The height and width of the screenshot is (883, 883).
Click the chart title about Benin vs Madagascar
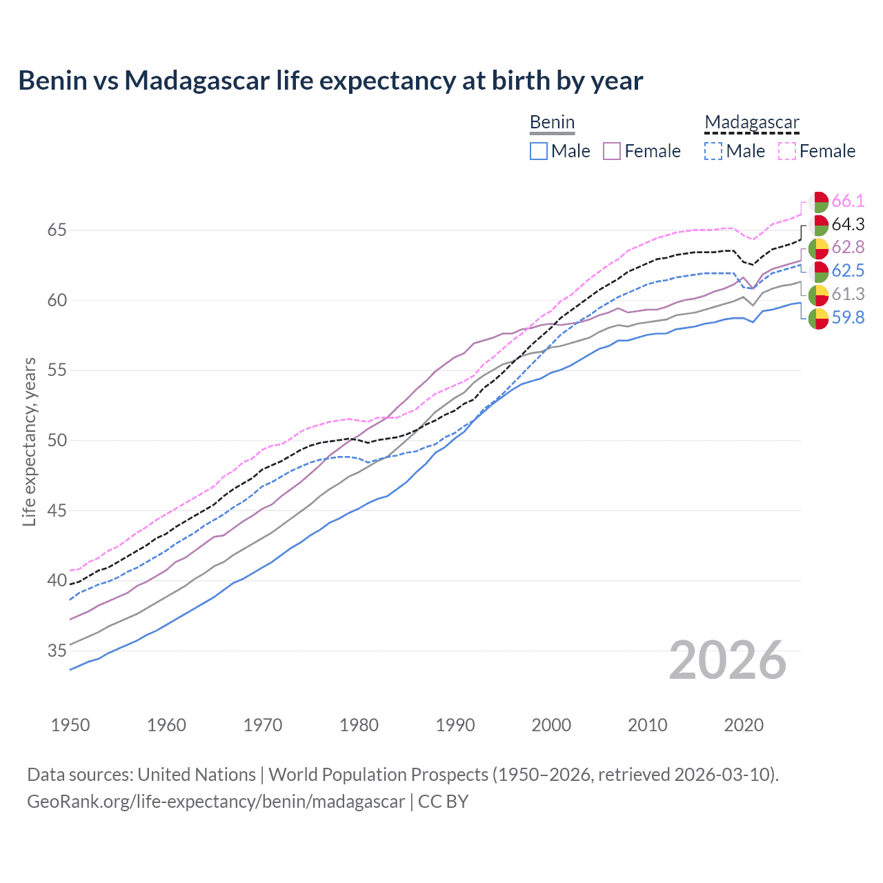point(330,81)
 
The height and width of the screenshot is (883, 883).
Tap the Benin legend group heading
point(552,123)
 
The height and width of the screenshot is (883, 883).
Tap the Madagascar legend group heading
point(751,123)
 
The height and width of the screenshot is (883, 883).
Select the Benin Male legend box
point(539,151)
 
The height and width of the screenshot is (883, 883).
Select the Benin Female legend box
point(612,151)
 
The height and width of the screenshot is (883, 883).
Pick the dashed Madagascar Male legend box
point(713,151)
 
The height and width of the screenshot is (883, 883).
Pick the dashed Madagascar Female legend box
point(786,151)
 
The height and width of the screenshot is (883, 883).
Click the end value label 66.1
point(848,201)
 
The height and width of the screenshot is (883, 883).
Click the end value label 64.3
point(848,225)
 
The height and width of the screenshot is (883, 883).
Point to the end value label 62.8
point(848,248)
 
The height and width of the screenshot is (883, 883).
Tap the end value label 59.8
point(848,318)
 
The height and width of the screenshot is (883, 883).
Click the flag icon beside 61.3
point(818,295)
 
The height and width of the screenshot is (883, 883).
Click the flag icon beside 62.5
point(818,271)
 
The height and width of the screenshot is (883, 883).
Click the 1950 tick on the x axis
point(70,725)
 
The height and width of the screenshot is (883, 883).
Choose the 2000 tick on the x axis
point(551,725)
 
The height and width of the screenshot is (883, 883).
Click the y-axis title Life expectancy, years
point(30,441)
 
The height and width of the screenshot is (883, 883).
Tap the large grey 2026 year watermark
point(727,660)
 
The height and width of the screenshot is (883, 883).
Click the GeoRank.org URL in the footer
point(216,802)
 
